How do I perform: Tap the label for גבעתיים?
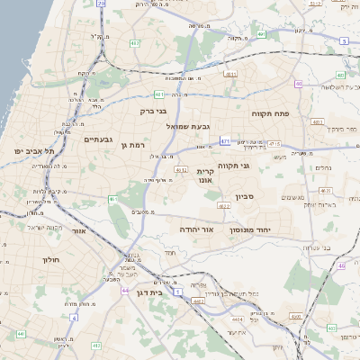tap(98, 139)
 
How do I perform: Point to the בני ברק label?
tap(155, 112)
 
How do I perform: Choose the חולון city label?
tap(49, 259)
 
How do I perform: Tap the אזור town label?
tap(78, 232)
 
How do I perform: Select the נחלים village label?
tap(322, 167)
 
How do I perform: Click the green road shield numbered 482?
tap(134, 42)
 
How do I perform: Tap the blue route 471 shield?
tap(225, 141)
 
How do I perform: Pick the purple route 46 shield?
tap(342, 266)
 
